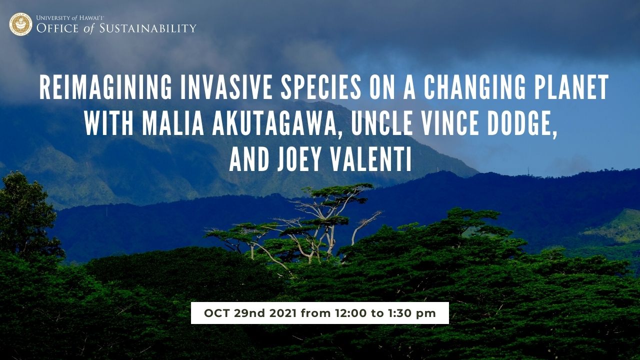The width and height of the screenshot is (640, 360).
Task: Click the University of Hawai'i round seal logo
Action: (20, 24)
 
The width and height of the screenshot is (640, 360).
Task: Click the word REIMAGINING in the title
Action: (105, 87)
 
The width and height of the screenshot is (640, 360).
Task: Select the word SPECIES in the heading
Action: (321, 87)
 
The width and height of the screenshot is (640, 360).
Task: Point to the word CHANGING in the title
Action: (474, 87)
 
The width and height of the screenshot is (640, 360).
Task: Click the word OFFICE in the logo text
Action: (57, 28)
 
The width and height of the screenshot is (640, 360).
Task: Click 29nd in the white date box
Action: (249, 313)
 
